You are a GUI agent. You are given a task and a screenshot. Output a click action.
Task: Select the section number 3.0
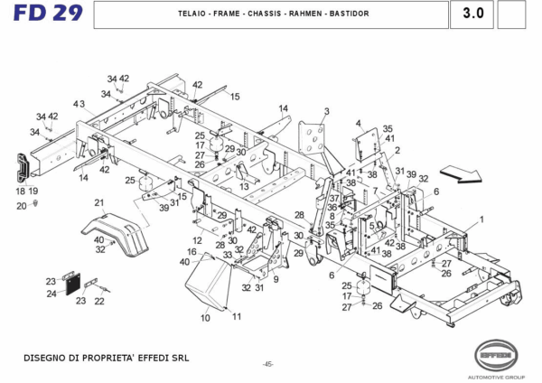[x=472, y=14]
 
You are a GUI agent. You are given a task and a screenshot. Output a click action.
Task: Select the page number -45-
[x=268, y=364]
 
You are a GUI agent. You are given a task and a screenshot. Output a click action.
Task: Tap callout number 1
[x=481, y=220]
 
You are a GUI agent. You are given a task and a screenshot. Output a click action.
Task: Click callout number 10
[x=205, y=318]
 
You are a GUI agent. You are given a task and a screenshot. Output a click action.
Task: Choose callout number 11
[x=237, y=316]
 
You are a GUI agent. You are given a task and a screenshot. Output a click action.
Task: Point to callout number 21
[x=99, y=203]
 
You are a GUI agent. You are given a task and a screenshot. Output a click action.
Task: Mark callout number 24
[x=51, y=293]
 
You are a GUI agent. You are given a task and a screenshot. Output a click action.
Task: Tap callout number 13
[x=244, y=186]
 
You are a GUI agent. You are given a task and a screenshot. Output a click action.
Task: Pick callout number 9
[x=276, y=280]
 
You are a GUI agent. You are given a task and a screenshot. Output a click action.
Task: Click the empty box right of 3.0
[x=511, y=14]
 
